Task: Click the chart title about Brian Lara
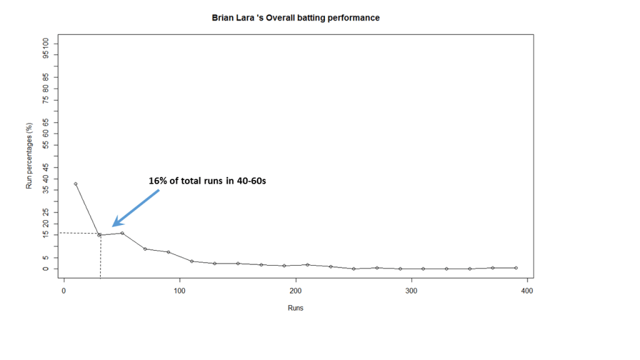coord(296,18)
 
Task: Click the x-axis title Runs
coord(296,308)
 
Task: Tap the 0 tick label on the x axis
coord(64,291)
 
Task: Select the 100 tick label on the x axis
coord(180,291)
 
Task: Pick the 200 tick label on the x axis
coord(296,291)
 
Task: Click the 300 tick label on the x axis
coord(411,291)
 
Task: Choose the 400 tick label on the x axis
coord(527,291)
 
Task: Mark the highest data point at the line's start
coord(76,184)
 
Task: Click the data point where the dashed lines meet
coord(99,235)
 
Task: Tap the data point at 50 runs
coord(122,233)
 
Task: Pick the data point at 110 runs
coord(192,261)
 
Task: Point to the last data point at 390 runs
coord(516,267)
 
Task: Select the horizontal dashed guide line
coord(78,233)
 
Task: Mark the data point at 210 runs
coord(307,264)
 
